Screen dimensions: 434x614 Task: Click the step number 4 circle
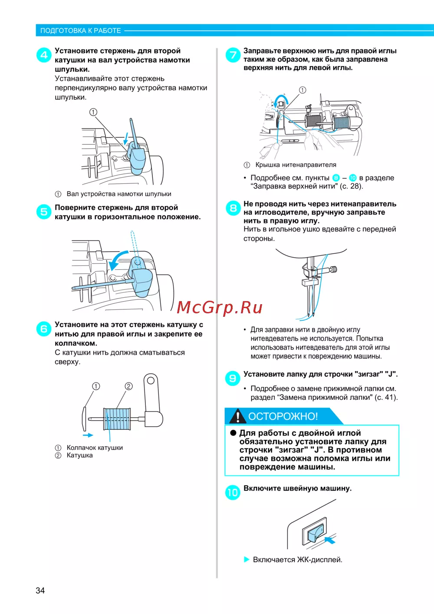pyautogui.click(x=44, y=55)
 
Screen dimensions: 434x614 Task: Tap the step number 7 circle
pyautogui.click(x=233, y=55)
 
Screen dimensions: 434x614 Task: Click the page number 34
pyautogui.click(x=40, y=591)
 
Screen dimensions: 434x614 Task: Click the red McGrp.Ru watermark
pyautogui.click(x=220, y=307)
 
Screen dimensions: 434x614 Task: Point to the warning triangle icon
pyautogui.click(x=237, y=416)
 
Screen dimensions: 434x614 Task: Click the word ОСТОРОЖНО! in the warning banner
pyautogui.click(x=283, y=416)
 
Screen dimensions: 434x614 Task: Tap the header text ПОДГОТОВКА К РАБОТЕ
pyautogui.click(x=80, y=30)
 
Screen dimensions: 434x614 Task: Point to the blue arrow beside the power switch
pyautogui.click(x=330, y=540)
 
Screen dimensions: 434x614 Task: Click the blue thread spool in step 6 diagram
pyautogui.click(x=117, y=418)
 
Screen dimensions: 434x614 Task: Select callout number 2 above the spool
pyautogui.click(x=129, y=386)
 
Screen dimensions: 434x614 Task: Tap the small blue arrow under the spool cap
pyautogui.click(x=88, y=435)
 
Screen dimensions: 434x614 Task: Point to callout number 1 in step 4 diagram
pyautogui.click(x=93, y=112)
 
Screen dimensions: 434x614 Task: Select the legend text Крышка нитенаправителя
pyautogui.click(x=296, y=165)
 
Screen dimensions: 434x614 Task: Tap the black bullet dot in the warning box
pyautogui.click(x=233, y=433)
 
